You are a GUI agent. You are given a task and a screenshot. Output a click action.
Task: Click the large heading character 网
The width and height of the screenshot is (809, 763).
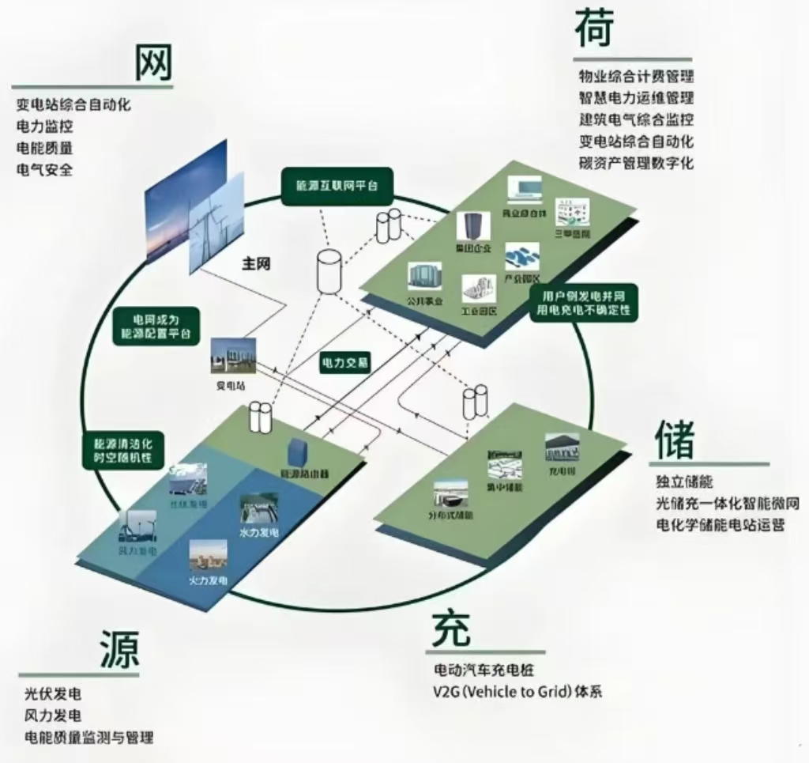[153, 62]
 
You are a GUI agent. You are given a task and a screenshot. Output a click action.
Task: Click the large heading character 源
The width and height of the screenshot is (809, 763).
[119, 650]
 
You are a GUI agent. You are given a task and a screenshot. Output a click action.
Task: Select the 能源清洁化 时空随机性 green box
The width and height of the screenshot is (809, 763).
[122, 449]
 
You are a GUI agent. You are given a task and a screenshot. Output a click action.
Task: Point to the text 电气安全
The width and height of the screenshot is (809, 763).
[44, 169]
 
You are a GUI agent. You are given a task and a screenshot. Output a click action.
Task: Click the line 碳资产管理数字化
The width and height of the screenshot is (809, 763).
[636, 164]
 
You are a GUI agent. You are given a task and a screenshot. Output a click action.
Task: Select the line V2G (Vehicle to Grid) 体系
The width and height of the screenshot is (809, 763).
[517, 692]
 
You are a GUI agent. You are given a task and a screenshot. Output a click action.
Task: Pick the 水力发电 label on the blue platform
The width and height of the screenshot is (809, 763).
[258, 533]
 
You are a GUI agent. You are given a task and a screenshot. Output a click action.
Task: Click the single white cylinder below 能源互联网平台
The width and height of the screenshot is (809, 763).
[328, 270]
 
